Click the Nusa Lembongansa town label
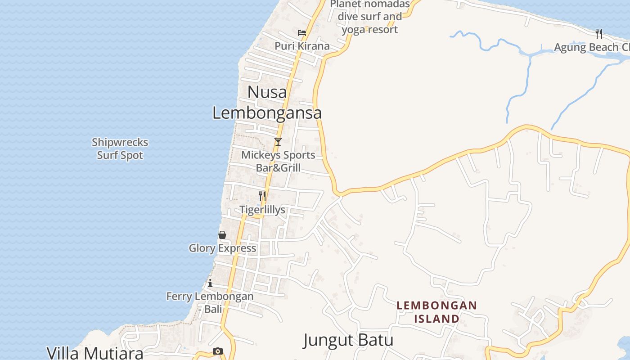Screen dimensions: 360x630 tap(267, 103)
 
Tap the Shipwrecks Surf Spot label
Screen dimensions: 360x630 tap(120, 148)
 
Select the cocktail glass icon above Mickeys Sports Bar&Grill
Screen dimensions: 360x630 tap(278, 142)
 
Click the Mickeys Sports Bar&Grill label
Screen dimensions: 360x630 tap(278, 161)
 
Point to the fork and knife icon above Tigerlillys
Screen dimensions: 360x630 tap(262, 196)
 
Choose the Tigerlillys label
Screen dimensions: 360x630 tap(262, 210)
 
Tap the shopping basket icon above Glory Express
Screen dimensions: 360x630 tap(222, 234)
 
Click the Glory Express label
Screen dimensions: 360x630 tap(222, 248)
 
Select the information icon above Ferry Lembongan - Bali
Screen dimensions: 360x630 tap(210, 283)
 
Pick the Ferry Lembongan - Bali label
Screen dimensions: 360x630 tap(210, 302)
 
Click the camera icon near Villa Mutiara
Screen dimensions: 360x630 tap(218, 351)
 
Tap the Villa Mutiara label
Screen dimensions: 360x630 tap(95, 352)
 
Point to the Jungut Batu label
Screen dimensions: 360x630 tap(348, 340)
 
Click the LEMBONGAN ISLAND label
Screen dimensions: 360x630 tap(436, 312)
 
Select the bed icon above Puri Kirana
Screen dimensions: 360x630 tap(302, 33)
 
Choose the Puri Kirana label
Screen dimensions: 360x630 tap(302, 46)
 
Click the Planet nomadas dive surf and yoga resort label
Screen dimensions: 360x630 tap(370, 17)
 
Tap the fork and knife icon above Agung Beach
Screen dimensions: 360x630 tap(599, 33)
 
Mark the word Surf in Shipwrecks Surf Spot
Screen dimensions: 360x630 tap(107, 155)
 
